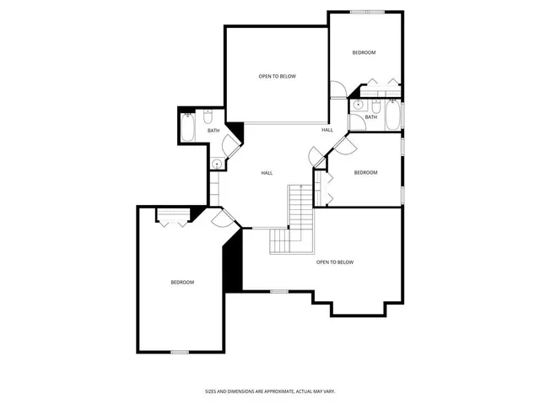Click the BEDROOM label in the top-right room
point(364,52)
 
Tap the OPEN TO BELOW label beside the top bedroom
point(277,77)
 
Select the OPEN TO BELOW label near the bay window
point(335,262)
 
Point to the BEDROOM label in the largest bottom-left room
point(182,282)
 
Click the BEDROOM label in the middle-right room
point(365,173)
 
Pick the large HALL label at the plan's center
point(267,173)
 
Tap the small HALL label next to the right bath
point(327,130)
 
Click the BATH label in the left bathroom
point(213,131)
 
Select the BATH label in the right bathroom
point(371,116)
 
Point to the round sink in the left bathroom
point(217,164)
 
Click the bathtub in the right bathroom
point(393,115)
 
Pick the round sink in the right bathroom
point(358,105)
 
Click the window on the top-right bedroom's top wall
point(367,12)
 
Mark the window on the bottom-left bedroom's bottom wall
point(179,352)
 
